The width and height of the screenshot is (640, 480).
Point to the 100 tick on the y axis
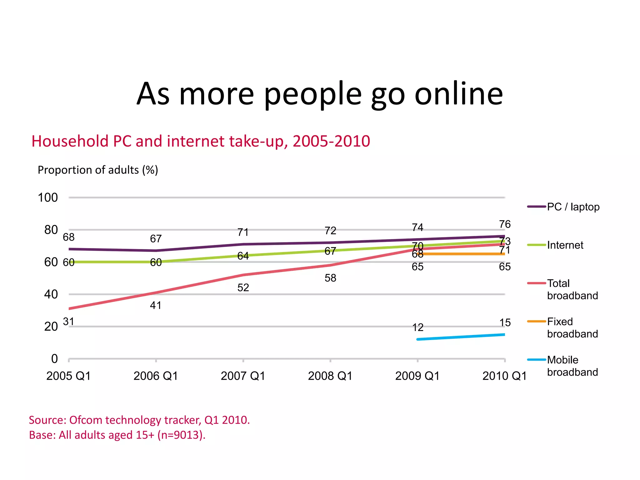(48, 197)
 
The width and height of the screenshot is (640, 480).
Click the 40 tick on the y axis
(51, 294)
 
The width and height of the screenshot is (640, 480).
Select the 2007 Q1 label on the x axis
(243, 376)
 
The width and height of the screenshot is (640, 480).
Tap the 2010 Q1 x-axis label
(504, 376)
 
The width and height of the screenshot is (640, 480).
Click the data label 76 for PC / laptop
(505, 224)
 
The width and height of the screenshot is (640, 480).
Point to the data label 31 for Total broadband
(68, 321)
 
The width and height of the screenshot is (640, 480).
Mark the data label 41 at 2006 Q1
(156, 305)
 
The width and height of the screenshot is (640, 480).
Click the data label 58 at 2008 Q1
(330, 278)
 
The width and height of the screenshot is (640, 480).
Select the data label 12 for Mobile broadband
(418, 327)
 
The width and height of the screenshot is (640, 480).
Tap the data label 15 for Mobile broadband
(505, 322)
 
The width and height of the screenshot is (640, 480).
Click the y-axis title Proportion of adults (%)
(98, 170)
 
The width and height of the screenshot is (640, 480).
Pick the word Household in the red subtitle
(70, 141)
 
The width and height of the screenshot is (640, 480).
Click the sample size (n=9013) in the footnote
(181, 435)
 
